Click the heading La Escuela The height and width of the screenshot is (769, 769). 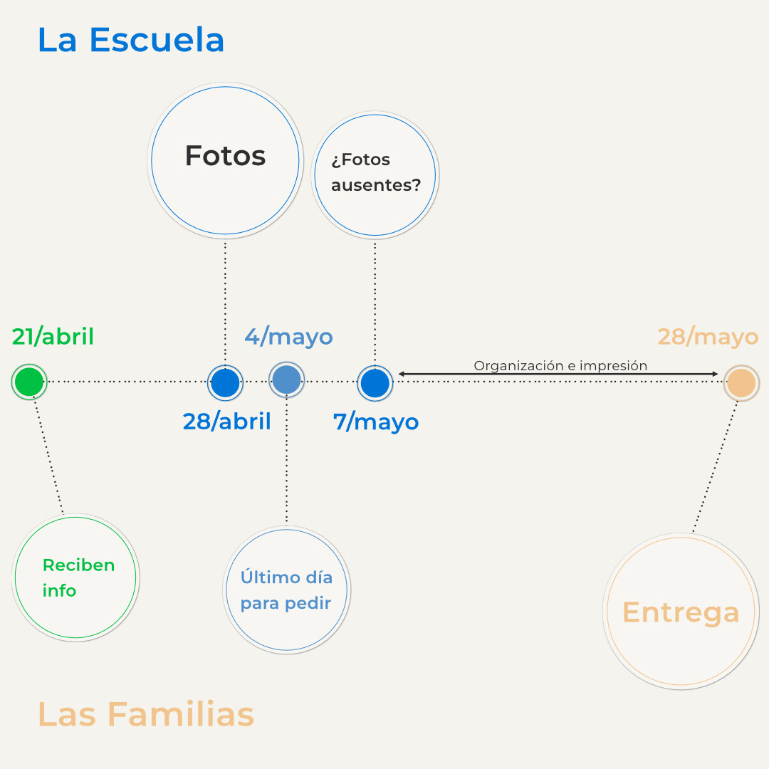point(131,40)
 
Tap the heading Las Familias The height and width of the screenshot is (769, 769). point(145,714)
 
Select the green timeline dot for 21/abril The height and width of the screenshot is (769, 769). point(29,382)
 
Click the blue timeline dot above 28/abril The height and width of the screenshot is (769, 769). point(225,382)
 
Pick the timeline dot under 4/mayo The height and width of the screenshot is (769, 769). point(287,380)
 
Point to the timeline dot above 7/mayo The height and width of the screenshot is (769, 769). point(375,383)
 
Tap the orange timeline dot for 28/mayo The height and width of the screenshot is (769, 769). point(741,383)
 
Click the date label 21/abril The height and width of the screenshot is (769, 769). point(53,336)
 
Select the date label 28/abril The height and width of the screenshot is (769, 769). point(226,422)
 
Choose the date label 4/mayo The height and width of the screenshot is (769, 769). point(288,336)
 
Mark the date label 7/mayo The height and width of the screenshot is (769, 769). point(376,422)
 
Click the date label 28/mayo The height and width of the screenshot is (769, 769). point(708,336)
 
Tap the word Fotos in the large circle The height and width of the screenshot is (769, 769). point(225,156)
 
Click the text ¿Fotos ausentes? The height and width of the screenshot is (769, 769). point(375,172)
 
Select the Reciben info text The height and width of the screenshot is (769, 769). point(78,577)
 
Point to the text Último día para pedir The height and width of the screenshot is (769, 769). point(286,590)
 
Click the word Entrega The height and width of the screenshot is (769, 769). point(681,612)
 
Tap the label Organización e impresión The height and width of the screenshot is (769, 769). point(560,365)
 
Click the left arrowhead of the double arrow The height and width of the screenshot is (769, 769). point(402,374)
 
